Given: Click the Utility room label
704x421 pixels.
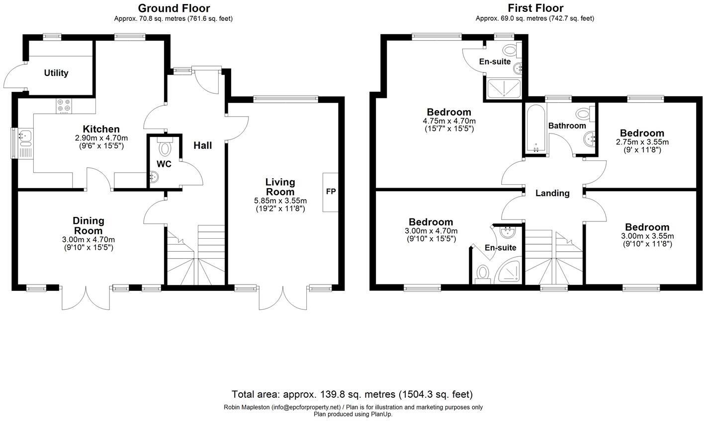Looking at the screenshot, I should (56, 73).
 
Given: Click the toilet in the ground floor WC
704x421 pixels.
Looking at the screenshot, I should (165, 147).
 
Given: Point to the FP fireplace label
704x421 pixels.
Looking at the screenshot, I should (331, 192).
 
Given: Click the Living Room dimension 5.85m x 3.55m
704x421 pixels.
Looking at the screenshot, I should (280, 201).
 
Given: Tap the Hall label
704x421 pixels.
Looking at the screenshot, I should (202, 145).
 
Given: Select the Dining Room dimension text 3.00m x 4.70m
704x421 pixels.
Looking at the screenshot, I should (88, 239).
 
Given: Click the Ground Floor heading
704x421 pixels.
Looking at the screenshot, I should (174, 8).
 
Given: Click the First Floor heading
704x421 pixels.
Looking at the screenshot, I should (535, 8).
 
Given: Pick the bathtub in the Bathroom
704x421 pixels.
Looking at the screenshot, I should (535, 129).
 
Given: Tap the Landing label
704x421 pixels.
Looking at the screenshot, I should (552, 193).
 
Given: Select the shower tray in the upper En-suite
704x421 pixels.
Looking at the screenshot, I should (504, 88).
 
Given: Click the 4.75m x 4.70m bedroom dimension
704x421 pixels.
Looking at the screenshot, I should (449, 121).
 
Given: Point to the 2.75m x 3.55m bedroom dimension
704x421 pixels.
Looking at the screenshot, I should (642, 142).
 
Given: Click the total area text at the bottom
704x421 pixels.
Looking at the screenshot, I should (352, 395).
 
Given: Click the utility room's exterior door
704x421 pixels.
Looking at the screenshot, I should (15, 77).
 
